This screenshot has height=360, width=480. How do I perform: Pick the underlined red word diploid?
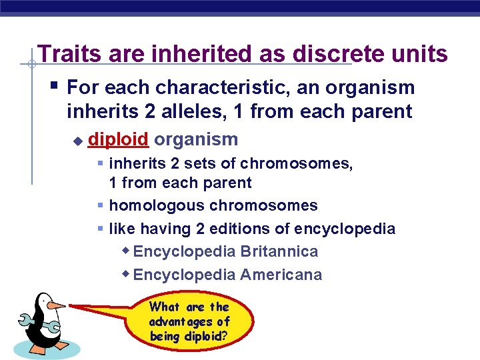coord(118,139)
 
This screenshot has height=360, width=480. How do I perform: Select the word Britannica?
coord(279,251)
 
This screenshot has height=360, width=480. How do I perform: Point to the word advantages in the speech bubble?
coord(189,322)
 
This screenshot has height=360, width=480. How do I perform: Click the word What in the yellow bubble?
coord(165,307)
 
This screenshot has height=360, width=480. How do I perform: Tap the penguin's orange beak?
coord(57,305)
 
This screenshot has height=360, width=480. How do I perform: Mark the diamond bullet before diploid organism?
coord(77,141)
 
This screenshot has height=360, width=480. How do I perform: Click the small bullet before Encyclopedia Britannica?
coord(126,251)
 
